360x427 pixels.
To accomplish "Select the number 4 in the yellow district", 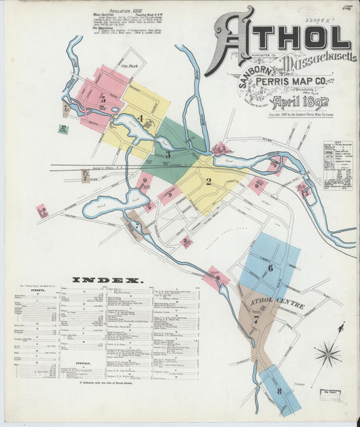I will tap(140, 119).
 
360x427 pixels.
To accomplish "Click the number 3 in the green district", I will tap(168, 154).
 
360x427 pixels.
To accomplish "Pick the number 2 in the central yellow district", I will tap(209, 181).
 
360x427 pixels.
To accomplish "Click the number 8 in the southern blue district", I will tap(279, 391).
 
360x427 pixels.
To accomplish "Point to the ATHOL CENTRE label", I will tap(277, 302).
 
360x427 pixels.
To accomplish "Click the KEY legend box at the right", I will tap(338, 165).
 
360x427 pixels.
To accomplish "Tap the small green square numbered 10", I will tap(63, 128).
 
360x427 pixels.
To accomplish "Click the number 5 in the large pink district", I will tap(103, 99).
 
